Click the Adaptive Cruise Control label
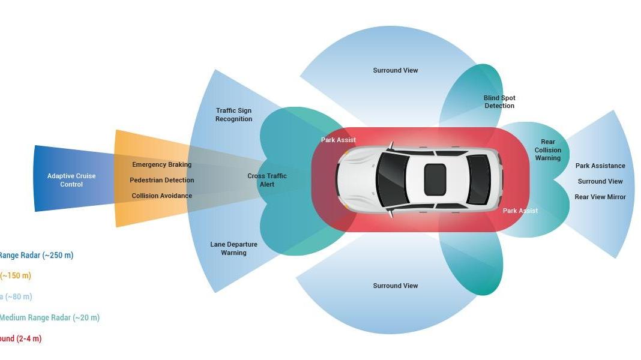tap(71, 180)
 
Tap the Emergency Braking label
tap(161, 164)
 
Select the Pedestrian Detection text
tap(161, 180)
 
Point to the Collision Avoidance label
tap(161, 196)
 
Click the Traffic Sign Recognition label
tap(233, 115)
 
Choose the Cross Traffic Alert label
tap(267, 180)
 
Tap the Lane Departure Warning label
tap(233, 248)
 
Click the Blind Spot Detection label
tap(499, 101)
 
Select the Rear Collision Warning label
tap(547, 150)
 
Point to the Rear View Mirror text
tap(600, 197)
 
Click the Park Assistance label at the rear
tap(600, 166)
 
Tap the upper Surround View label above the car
tap(396, 70)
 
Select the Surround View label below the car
tap(396, 286)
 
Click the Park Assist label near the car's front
tap(339, 140)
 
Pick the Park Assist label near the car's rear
tap(520, 211)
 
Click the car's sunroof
tap(435, 179)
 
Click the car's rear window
tap(478, 179)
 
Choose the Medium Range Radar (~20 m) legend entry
tap(49, 317)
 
